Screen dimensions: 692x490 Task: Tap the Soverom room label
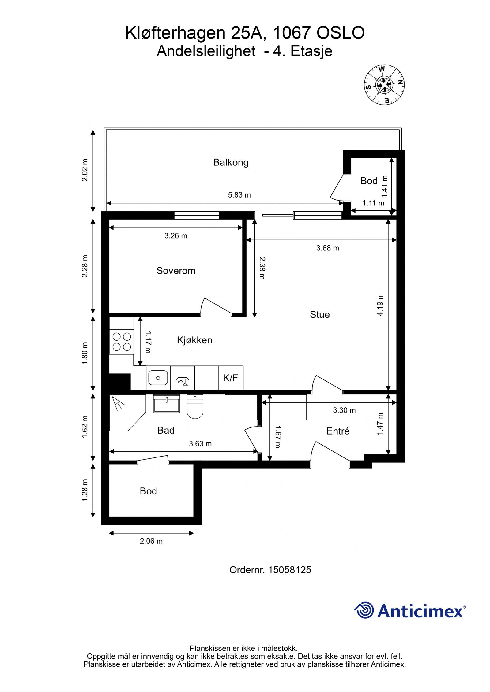click(x=176, y=271)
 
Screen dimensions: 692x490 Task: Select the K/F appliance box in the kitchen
click(x=231, y=378)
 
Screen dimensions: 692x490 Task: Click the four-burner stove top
click(x=122, y=342)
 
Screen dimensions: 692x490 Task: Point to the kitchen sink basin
click(x=158, y=378)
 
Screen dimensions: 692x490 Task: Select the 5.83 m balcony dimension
click(x=239, y=195)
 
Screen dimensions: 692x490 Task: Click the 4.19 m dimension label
click(x=380, y=305)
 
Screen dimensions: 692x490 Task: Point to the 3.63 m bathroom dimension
click(x=200, y=444)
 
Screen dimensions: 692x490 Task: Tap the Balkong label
click(x=231, y=162)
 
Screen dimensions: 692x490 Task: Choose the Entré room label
click(x=338, y=431)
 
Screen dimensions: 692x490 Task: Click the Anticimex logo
click(x=410, y=611)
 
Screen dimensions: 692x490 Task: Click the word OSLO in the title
click(x=340, y=33)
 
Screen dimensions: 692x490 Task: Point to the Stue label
click(x=320, y=315)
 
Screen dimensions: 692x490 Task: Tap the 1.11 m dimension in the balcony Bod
click(x=373, y=203)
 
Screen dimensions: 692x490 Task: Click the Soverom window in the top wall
click(x=197, y=215)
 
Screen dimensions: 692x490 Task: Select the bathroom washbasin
click(x=166, y=404)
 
